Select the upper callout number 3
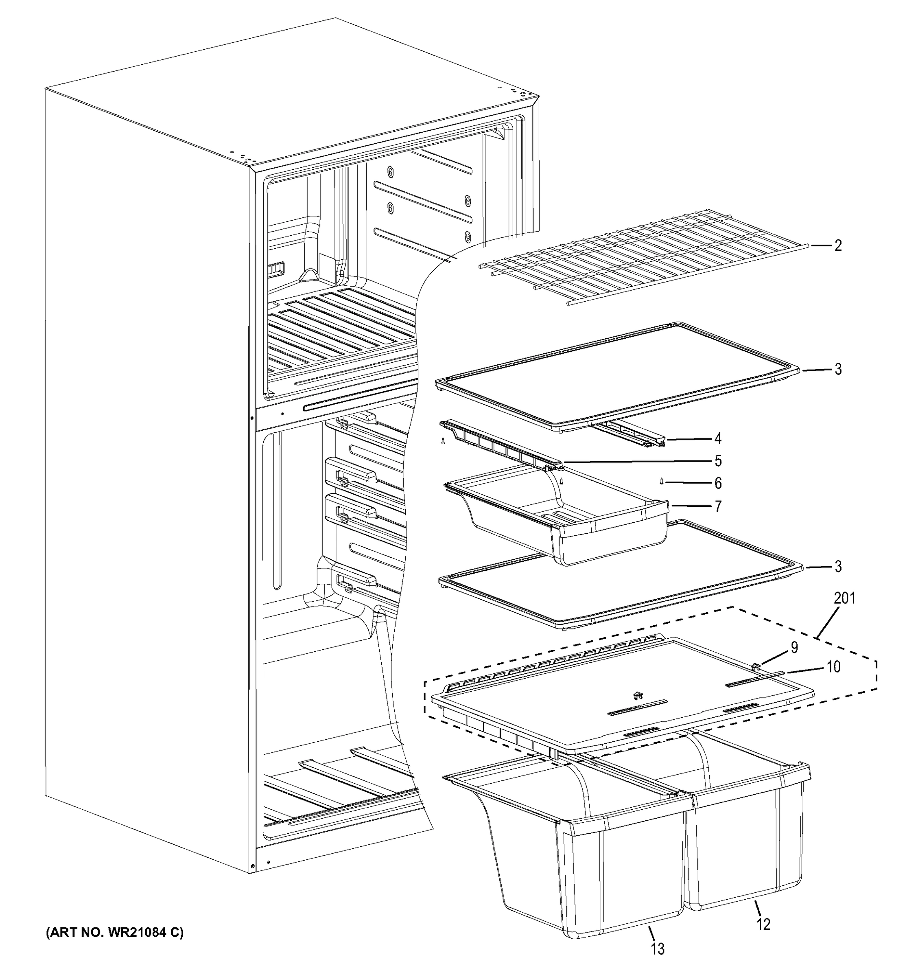point(838,369)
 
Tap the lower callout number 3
point(838,567)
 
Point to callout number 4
point(718,438)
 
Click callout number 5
point(718,460)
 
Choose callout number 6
point(718,483)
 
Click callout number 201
point(844,598)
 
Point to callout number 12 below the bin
point(763,924)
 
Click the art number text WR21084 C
point(114,932)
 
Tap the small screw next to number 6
point(661,482)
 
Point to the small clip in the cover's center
point(638,695)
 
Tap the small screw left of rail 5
point(443,441)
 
